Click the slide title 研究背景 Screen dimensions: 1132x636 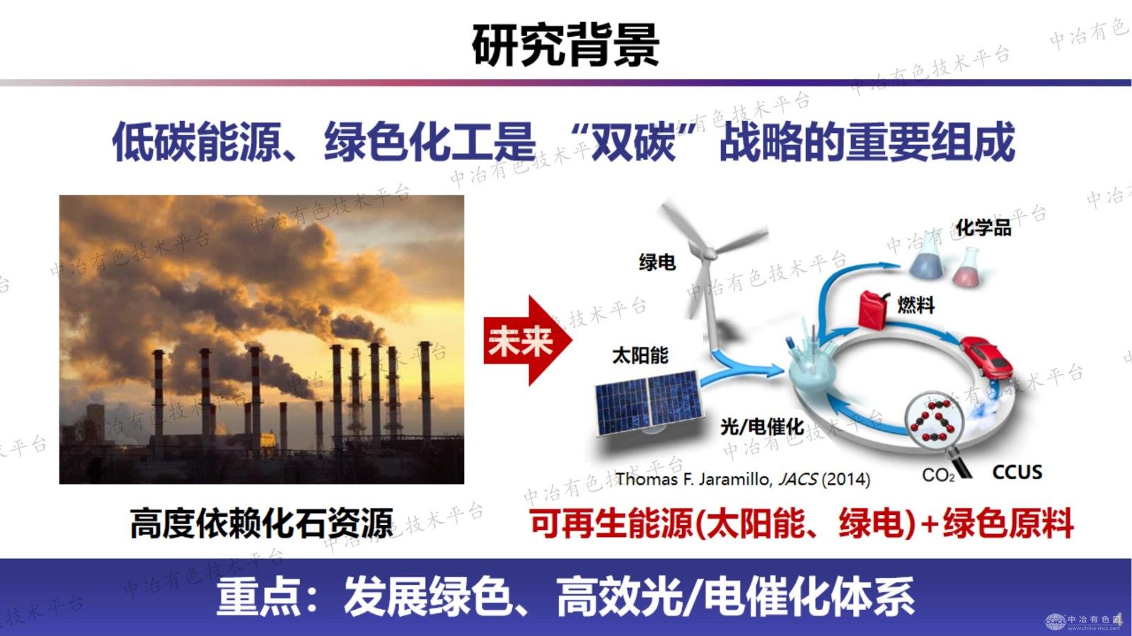pyautogui.click(x=565, y=45)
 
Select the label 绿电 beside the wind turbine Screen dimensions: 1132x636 pyautogui.click(x=657, y=262)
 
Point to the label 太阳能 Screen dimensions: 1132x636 pyautogui.click(x=640, y=356)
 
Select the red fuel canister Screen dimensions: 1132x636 pyautogui.click(x=873, y=309)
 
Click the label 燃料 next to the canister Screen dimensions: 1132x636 pyautogui.click(x=916, y=305)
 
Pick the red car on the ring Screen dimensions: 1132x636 pyautogui.click(x=986, y=356)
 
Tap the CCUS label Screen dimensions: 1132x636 pyautogui.click(x=1017, y=472)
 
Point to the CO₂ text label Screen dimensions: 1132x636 pyautogui.click(x=938, y=475)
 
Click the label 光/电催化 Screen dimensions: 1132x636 pyautogui.click(x=762, y=427)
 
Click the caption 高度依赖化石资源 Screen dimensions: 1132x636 pyautogui.click(x=261, y=523)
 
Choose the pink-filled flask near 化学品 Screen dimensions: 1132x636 pyautogui.click(x=967, y=267)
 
